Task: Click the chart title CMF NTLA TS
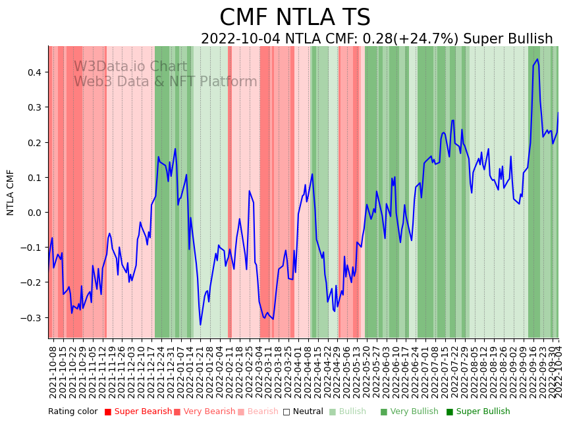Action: pos(294,18)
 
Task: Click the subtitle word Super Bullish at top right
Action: pos(508,39)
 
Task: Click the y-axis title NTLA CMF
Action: pos(11,192)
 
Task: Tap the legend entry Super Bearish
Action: pos(140,411)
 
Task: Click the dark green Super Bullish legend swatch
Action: pos(450,411)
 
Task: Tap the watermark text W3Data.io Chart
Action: pos(130,67)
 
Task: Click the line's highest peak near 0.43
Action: pos(537,59)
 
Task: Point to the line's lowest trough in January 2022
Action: pos(200,324)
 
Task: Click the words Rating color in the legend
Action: pos(72,411)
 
